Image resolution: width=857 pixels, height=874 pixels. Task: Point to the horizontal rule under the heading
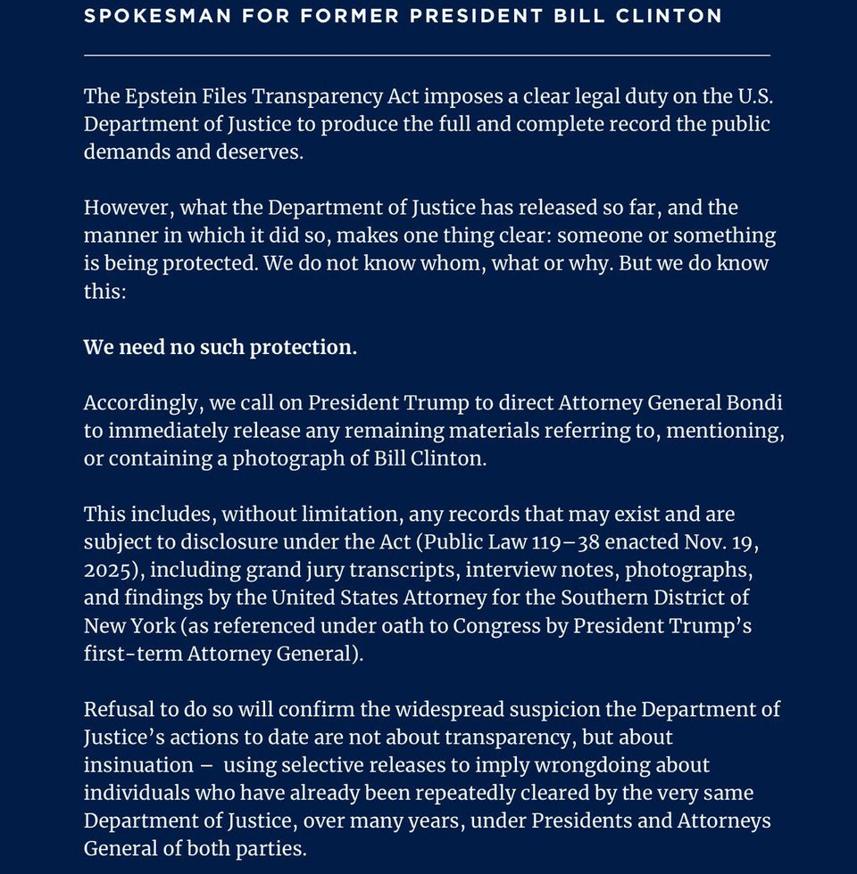click(427, 55)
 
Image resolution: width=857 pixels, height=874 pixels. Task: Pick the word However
click(127, 208)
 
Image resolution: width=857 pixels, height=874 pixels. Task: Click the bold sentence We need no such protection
click(220, 347)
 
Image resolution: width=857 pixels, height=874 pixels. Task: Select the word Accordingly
click(142, 403)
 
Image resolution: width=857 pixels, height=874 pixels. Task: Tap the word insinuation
click(138, 765)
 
